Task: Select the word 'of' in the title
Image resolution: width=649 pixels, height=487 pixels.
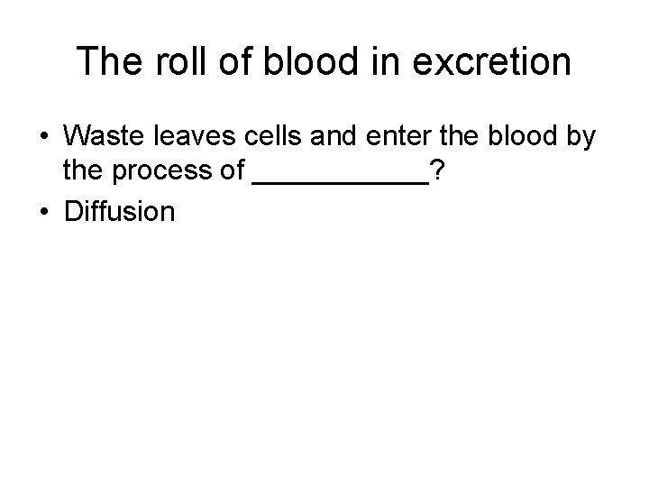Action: [x=225, y=62]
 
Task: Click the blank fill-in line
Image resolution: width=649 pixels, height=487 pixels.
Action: [x=342, y=180]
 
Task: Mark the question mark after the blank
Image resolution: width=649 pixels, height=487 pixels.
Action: [x=436, y=170]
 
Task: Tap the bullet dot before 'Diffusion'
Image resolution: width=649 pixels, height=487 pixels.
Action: [x=44, y=213]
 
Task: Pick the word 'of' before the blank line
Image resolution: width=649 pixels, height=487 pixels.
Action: [x=233, y=170]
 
